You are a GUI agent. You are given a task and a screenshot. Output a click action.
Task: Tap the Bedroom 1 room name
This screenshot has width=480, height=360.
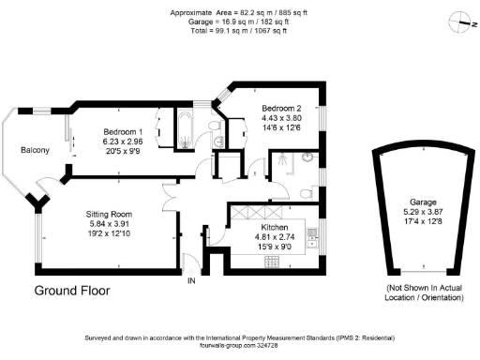[x=122, y=129]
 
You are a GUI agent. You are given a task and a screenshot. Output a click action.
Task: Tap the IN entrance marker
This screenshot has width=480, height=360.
[x=192, y=280]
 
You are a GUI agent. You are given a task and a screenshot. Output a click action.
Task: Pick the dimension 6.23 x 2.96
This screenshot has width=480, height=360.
[x=123, y=141]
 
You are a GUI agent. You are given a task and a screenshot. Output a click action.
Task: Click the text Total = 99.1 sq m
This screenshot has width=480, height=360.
[x=239, y=31]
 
